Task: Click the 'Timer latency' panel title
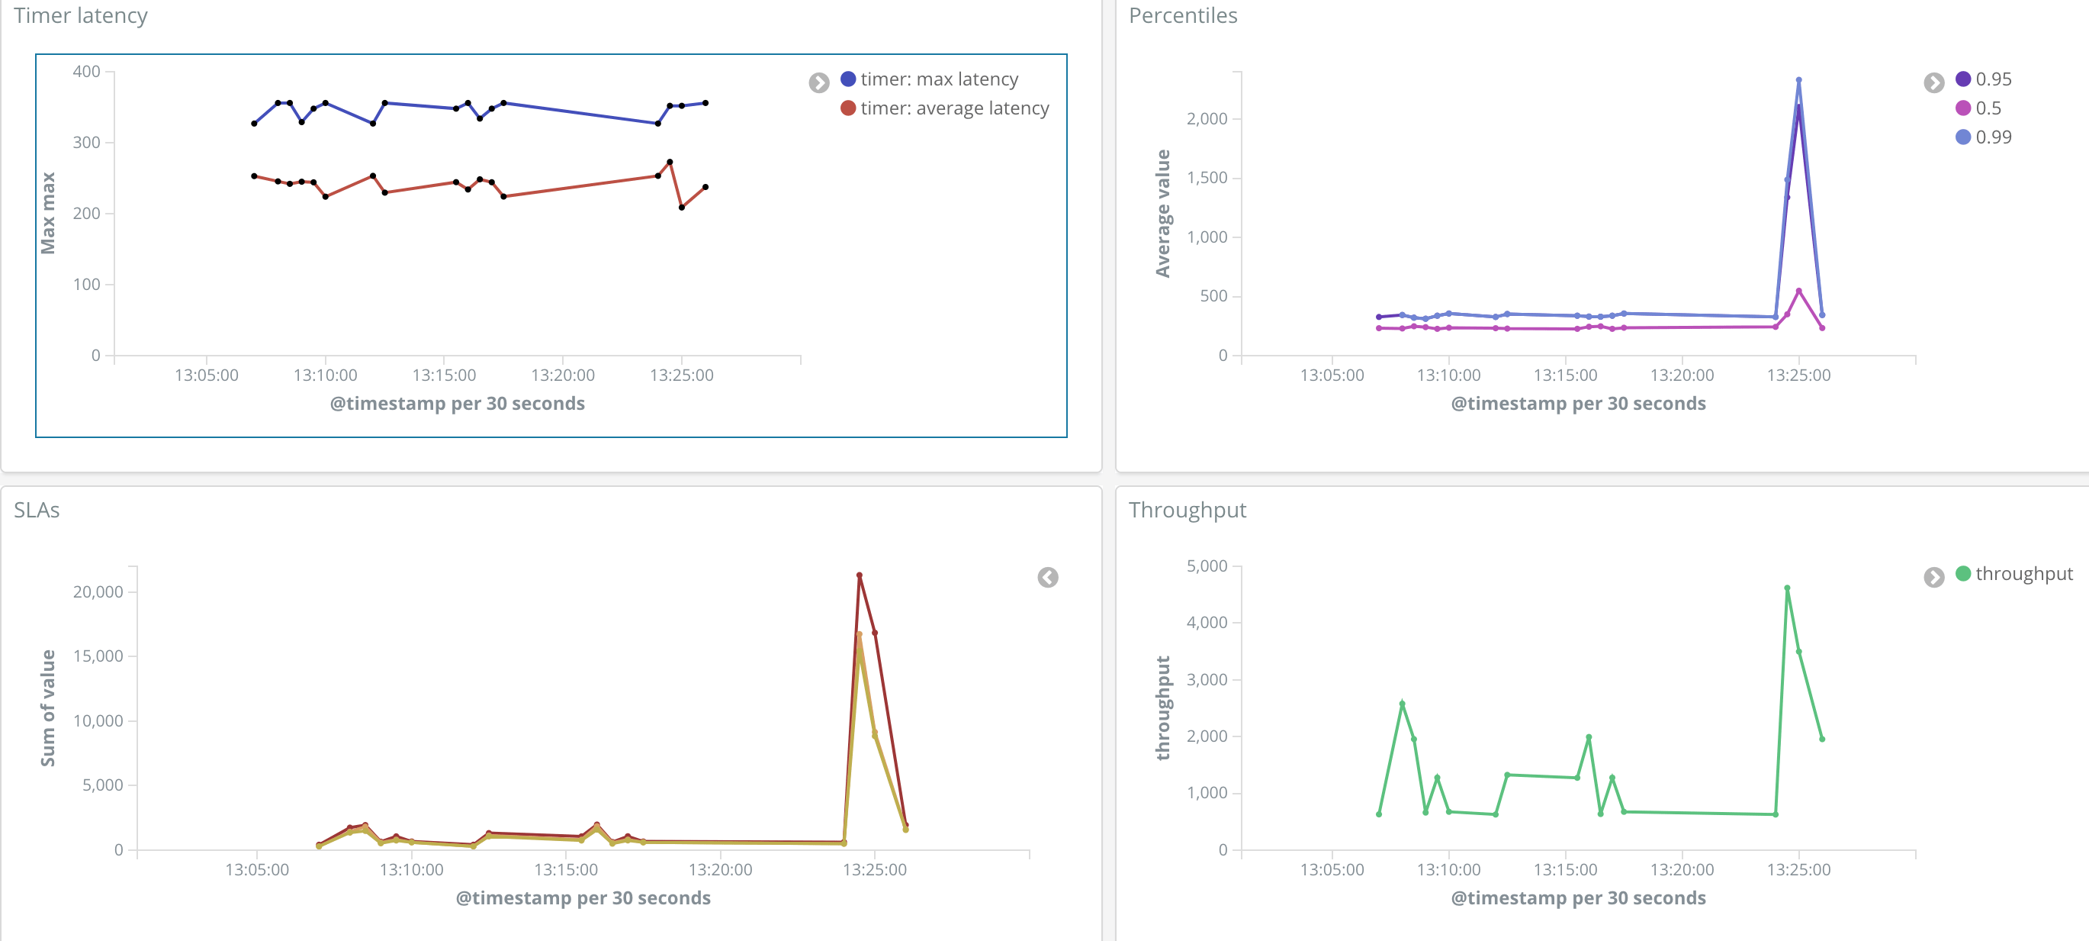click(80, 15)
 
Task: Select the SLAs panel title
click(37, 510)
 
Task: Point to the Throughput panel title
click(1188, 510)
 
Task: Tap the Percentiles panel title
click(1182, 15)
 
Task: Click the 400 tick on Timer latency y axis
click(87, 72)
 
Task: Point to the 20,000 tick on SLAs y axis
click(98, 591)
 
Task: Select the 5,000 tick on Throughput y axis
click(1207, 566)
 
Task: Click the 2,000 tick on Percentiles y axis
click(1207, 118)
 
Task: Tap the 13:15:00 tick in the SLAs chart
click(565, 868)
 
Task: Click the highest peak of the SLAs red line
click(859, 575)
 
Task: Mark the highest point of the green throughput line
click(1786, 588)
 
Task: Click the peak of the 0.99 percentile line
click(1798, 79)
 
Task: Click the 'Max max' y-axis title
click(48, 212)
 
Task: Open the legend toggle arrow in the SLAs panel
click(1048, 578)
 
